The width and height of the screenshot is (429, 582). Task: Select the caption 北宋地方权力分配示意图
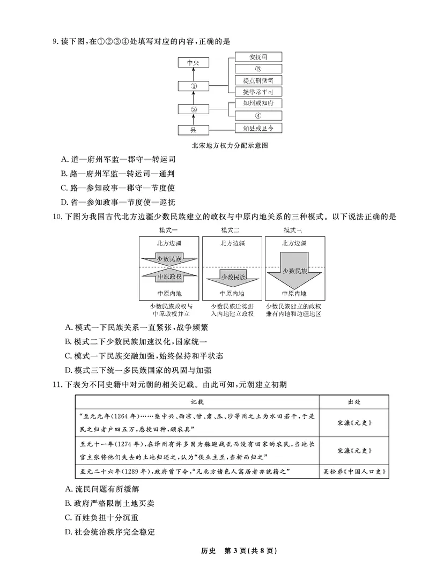point(229,145)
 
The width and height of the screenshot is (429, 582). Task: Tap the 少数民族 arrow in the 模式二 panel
point(232,278)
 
